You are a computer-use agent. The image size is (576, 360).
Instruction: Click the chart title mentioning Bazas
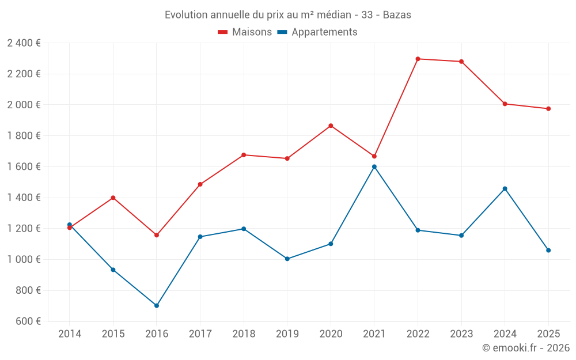(287, 15)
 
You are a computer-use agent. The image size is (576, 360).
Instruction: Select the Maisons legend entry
(245, 32)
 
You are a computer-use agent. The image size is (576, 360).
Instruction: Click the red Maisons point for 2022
(418, 59)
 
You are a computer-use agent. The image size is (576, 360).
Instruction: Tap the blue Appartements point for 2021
(374, 167)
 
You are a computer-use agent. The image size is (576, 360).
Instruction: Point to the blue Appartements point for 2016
(157, 306)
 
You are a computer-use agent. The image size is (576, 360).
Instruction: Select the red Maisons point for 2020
(331, 126)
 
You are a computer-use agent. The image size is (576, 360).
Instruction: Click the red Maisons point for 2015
(113, 198)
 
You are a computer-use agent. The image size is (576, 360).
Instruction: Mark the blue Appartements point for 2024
(505, 189)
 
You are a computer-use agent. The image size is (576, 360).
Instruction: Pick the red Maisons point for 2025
(548, 109)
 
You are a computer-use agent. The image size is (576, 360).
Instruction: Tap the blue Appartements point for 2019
(287, 259)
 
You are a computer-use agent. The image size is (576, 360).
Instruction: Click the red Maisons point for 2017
(200, 184)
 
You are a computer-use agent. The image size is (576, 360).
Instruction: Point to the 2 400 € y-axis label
(24, 43)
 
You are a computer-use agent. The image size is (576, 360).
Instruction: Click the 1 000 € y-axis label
(24, 260)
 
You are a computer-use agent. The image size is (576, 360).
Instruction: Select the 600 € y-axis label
(27, 321)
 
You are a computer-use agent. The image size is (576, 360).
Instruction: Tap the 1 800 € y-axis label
(24, 136)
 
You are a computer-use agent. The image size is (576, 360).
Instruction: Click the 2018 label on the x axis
(244, 334)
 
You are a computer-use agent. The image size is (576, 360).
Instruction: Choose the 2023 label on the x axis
(461, 334)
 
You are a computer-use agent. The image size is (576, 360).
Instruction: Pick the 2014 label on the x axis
(70, 334)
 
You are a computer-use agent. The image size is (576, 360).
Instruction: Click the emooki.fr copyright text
(525, 348)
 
